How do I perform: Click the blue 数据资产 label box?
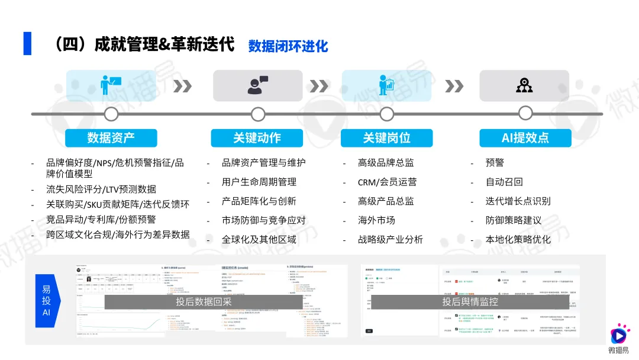point(111,138)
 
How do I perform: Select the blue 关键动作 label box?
point(257,138)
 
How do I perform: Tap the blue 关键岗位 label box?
point(386,138)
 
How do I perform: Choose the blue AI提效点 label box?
point(525,138)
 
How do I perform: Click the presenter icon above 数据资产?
point(111,85)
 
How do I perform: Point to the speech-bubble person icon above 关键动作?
point(257,85)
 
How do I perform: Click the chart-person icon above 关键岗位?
point(386,85)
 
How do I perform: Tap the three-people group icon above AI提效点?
point(524,85)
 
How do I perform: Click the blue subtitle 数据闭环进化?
point(288,46)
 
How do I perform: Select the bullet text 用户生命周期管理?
point(259,182)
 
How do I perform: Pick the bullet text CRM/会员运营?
point(387,182)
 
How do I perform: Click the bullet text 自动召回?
point(504,182)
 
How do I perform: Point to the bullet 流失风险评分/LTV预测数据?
point(101,189)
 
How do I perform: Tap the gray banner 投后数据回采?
point(204,301)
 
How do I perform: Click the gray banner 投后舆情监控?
point(470,301)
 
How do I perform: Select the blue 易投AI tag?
point(46,301)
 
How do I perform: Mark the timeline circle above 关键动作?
point(258,114)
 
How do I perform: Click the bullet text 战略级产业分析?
point(390,239)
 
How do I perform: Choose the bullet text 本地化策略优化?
point(518,239)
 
